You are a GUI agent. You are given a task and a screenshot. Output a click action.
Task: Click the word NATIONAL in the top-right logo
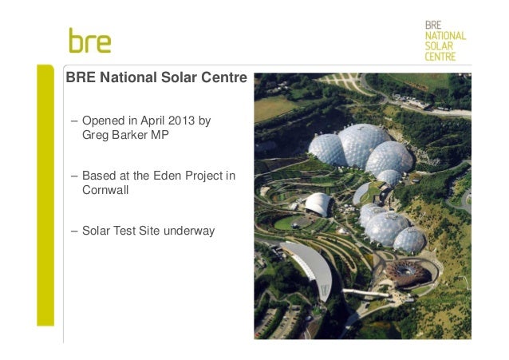(x=445, y=36)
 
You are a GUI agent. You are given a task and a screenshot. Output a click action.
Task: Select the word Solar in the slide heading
(x=172, y=80)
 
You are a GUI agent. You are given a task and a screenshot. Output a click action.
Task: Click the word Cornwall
(x=105, y=191)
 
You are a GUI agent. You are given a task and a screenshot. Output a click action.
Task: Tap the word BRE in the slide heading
(x=80, y=80)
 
